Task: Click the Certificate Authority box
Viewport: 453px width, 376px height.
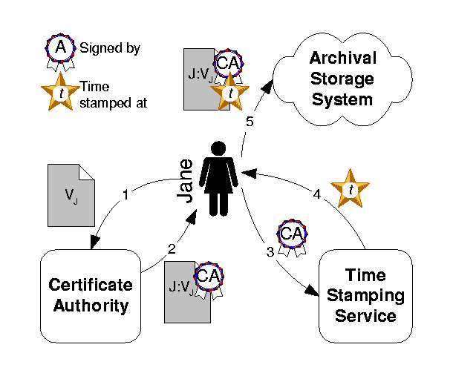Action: coord(90,295)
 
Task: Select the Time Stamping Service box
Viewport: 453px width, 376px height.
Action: coord(365,295)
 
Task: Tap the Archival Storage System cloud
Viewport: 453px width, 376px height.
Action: coord(342,79)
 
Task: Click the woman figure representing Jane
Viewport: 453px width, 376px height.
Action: coord(219,179)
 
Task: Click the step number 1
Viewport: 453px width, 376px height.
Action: coord(126,196)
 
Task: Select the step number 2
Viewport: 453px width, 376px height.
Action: coord(172,249)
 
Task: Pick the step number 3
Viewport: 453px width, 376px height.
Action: coord(270,251)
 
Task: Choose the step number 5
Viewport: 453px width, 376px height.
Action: coord(250,122)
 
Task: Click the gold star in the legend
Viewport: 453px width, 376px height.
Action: coord(59,93)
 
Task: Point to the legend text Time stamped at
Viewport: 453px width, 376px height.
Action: coord(112,94)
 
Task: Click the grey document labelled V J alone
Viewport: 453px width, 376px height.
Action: coord(71,195)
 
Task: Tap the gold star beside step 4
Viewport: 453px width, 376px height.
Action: coord(349,188)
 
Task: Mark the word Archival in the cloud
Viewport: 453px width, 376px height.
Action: coord(342,58)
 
